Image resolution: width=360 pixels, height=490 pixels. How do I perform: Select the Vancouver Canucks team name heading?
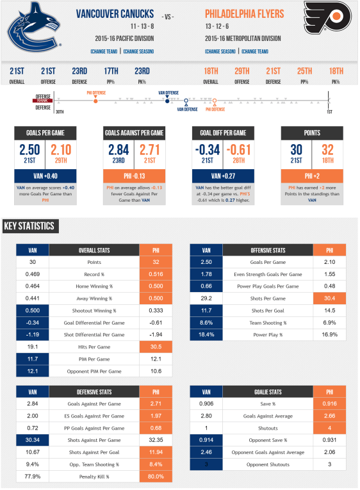[x=115, y=13]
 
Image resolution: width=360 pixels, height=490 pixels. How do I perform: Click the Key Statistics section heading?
[x=29, y=225]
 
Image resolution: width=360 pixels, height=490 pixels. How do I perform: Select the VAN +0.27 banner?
[x=224, y=175]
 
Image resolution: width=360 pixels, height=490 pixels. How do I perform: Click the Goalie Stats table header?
[x=266, y=391]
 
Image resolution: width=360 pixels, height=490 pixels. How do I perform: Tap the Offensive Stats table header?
[x=266, y=250]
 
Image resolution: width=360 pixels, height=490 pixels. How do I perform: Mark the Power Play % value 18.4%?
[x=206, y=335]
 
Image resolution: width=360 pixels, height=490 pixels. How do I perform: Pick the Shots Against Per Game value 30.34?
[x=33, y=440]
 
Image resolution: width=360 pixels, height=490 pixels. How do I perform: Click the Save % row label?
[x=266, y=404]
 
